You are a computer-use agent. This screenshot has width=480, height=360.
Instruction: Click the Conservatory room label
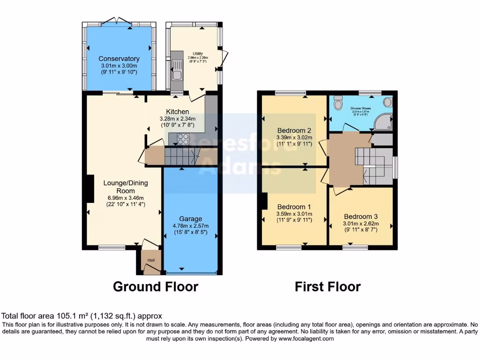[x=119, y=59]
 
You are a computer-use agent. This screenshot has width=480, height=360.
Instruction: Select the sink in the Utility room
[x=177, y=74]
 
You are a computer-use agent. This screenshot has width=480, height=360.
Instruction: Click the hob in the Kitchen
[x=182, y=139]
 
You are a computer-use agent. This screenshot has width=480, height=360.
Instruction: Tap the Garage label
[x=191, y=218]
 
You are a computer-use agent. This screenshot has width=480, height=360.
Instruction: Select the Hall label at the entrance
[x=151, y=260]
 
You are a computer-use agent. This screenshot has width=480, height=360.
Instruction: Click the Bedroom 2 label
[x=294, y=130]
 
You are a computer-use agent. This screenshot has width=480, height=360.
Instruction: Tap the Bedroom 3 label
[x=360, y=217]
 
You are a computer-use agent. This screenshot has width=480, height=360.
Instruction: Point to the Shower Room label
[x=360, y=108]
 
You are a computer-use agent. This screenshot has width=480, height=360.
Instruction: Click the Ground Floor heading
[x=156, y=286]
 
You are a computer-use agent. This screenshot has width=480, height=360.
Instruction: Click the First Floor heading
[x=328, y=286]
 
